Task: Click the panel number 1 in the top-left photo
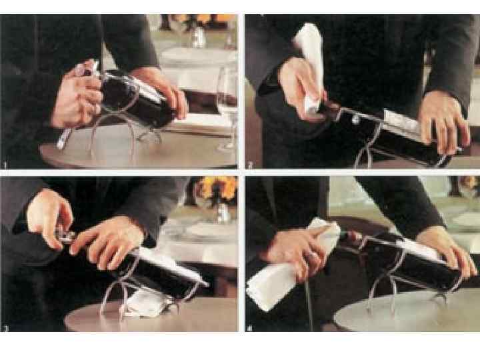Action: pos(4,165)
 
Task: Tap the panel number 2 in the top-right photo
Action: pos(250,165)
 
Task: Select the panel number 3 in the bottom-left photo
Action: pos(5,329)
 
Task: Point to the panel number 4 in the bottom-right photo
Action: pos(250,329)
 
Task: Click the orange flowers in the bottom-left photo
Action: pos(217,186)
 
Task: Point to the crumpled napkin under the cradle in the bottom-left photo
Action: pos(146,304)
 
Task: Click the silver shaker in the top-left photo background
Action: pos(199,37)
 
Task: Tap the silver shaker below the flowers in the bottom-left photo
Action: pos(223,212)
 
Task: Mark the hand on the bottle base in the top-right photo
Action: pos(445,122)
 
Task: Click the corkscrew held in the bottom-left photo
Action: pos(65,235)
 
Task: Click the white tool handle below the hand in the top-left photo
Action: pos(63,139)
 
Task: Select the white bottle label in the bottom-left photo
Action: pos(171,266)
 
